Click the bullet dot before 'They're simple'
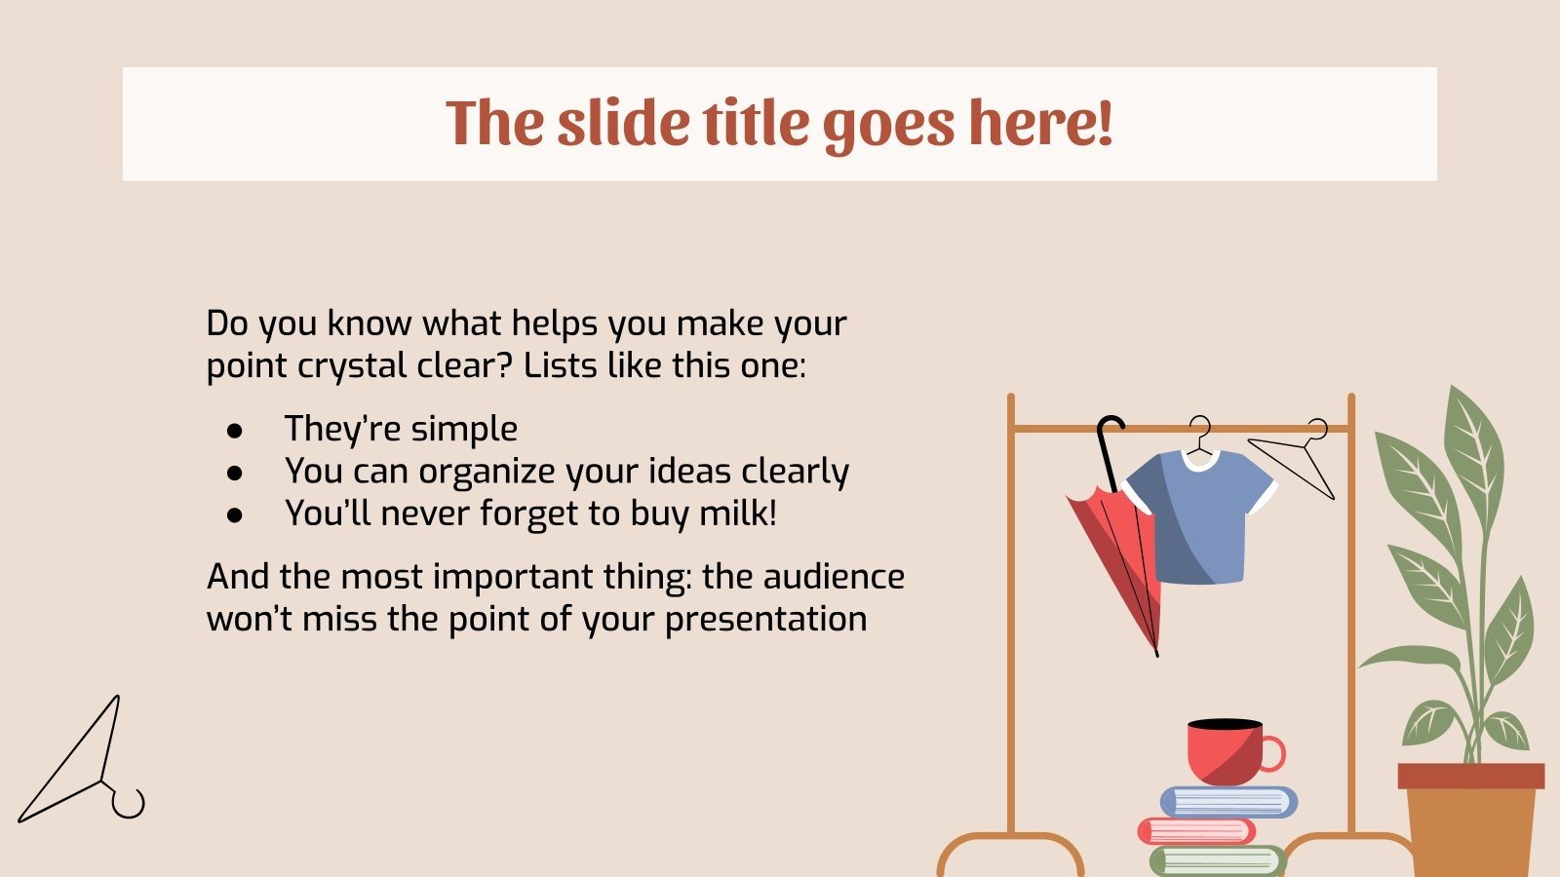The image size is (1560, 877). coord(234,430)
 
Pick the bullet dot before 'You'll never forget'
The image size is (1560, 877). coord(234,515)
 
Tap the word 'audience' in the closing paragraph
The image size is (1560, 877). coord(834,576)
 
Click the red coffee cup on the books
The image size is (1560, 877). coord(1224,752)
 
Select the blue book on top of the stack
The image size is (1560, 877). coord(1228,802)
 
